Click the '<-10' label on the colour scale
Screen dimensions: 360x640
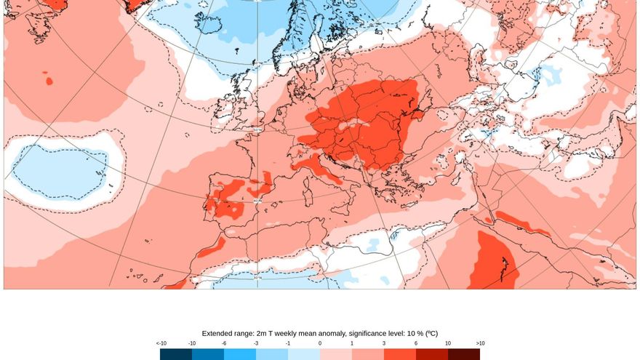(161, 343)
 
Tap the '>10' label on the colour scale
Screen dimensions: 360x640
(480, 343)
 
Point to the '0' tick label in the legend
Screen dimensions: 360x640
(320, 343)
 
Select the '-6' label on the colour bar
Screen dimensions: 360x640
(224, 343)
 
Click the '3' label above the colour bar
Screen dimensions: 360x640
(384, 343)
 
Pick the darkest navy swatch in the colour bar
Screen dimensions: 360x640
(176, 354)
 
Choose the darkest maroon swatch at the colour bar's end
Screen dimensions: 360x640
(464, 354)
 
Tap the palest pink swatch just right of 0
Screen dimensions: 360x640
(336, 354)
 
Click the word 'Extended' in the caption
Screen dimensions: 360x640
(218, 333)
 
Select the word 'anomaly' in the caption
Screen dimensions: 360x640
(326, 333)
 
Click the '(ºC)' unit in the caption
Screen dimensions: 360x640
(430, 333)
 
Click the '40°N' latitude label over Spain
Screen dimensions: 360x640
(257, 201)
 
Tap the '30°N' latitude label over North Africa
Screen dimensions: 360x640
(257, 277)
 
